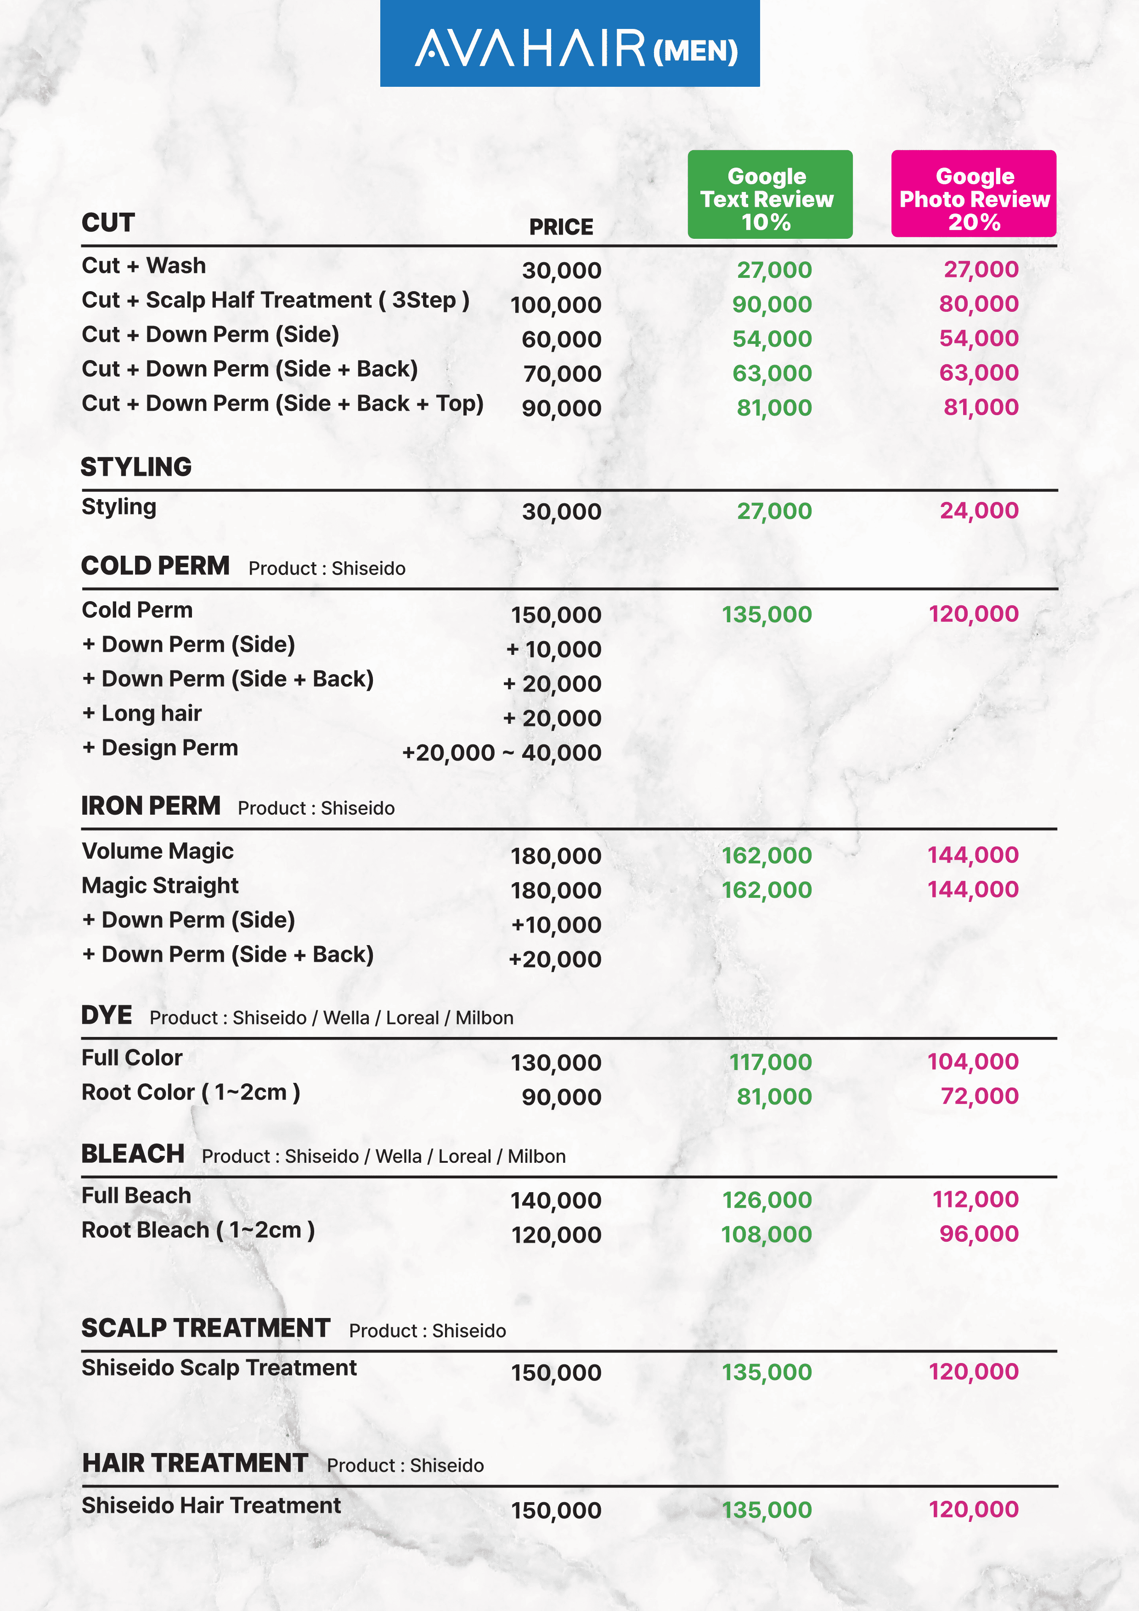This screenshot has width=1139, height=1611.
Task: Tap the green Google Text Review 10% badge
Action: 770,194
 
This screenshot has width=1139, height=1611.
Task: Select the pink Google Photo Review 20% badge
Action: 973,194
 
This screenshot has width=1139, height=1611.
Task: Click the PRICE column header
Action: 561,227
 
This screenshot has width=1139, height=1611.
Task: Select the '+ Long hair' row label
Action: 142,714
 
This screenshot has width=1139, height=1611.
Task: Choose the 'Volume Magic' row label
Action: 158,851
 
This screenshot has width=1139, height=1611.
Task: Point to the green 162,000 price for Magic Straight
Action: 767,890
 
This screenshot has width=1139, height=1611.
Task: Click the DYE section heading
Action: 107,1015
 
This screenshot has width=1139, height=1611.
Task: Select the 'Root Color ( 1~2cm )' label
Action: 191,1093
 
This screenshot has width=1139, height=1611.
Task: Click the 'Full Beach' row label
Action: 136,1195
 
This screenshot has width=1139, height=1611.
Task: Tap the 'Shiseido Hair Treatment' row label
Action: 211,1506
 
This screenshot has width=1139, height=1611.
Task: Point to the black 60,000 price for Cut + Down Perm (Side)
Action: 561,339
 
